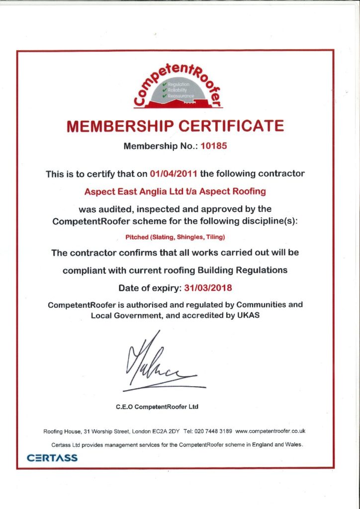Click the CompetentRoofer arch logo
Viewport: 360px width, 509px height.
click(180, 85)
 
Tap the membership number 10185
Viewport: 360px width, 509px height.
click(217, 147)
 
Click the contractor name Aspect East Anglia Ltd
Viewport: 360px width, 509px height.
click(144, 191)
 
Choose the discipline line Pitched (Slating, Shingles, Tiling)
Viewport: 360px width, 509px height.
click(180, 237)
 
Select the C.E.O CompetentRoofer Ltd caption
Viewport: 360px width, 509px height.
click(157, 407)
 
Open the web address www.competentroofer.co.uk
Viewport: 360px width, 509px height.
click(270, 431)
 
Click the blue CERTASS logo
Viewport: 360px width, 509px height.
click(52, 457)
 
